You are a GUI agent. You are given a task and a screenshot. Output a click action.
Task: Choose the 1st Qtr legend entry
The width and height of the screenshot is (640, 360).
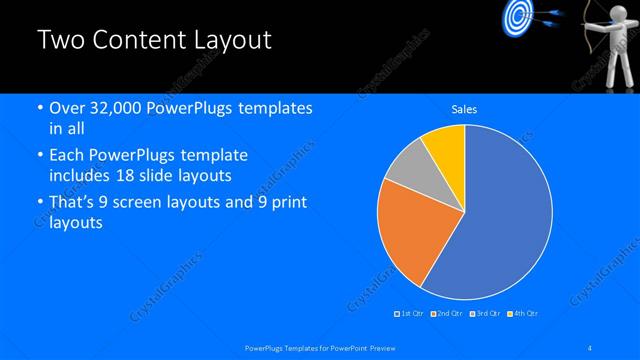411,314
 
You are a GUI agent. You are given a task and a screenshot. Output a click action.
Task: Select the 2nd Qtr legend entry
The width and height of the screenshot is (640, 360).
448,314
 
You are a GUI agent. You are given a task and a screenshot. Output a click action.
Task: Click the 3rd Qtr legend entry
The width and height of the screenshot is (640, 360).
486,314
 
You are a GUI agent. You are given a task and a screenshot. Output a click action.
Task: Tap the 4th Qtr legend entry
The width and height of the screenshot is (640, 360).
524,314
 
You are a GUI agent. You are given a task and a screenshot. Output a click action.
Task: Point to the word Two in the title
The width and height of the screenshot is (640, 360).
59,41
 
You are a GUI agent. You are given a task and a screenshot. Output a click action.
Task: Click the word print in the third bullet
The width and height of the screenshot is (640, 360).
287,202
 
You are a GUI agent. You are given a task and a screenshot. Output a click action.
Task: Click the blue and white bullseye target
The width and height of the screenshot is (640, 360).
517,16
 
